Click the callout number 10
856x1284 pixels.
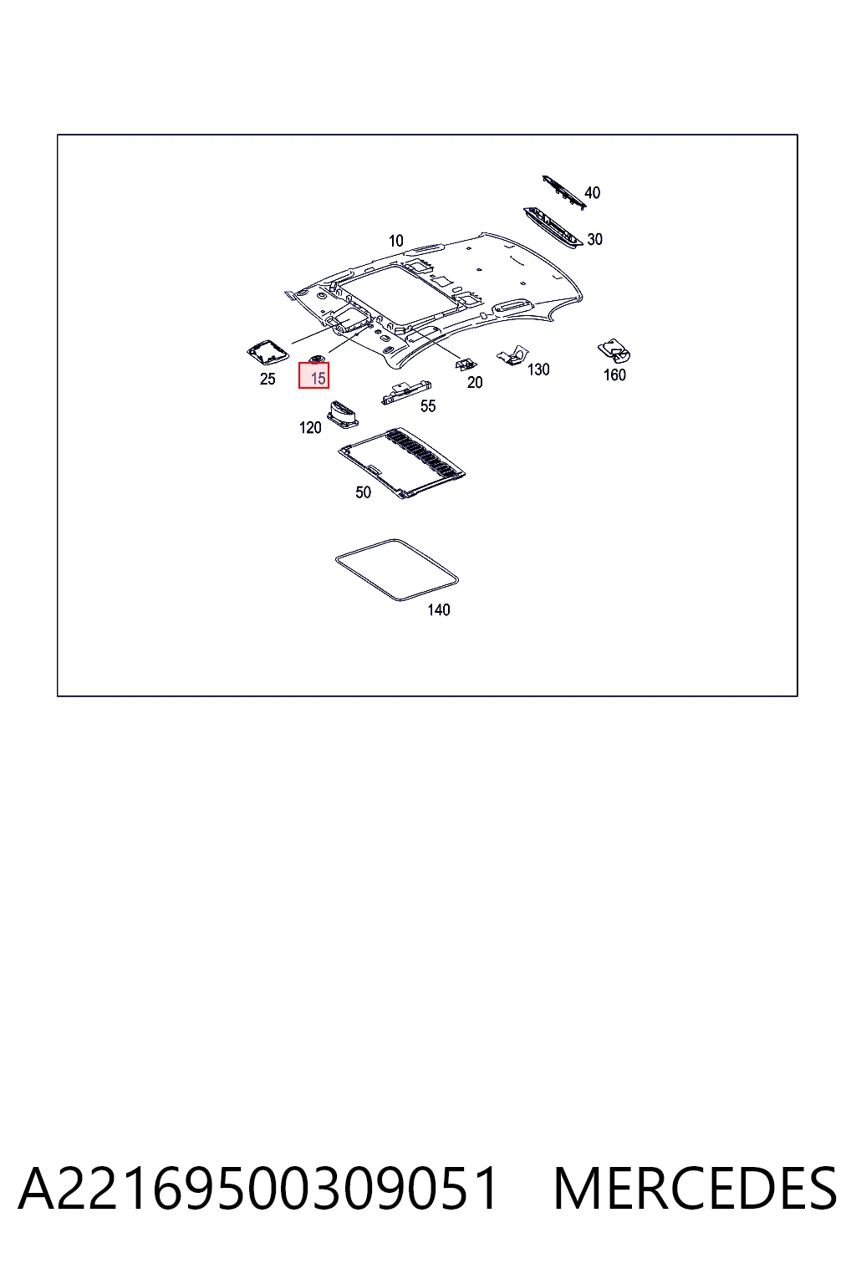tap(396, 241)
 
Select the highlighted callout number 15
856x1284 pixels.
tap(318, 379)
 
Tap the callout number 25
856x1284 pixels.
tap(267, 379)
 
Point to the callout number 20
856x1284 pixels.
tap(475, 382)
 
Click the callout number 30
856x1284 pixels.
tap(594, 239)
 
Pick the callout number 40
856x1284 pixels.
tap(593, 192)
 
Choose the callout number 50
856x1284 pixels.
tap(363, 492)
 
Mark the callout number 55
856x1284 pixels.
tap(428, 406)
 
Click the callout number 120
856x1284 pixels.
tap(310, 428)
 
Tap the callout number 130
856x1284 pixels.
tap(538, 369)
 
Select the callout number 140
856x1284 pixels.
tap(439, 610)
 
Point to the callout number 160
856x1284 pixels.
tap(614, 374)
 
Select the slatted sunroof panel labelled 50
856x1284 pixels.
tap(401, 462)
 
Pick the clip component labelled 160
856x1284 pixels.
tap(614, 351)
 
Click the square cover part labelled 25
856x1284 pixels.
tap(267, 353)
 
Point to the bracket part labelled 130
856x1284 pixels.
tap(512, 355)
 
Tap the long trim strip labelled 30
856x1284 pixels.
tap(553, 228)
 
